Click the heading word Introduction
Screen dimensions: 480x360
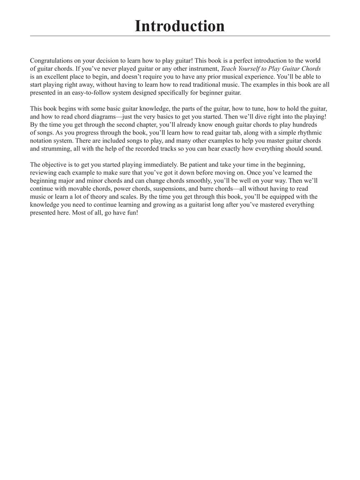(180, 26)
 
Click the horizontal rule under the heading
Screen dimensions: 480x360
(180, 36)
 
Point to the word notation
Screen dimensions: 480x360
(42, 141)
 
